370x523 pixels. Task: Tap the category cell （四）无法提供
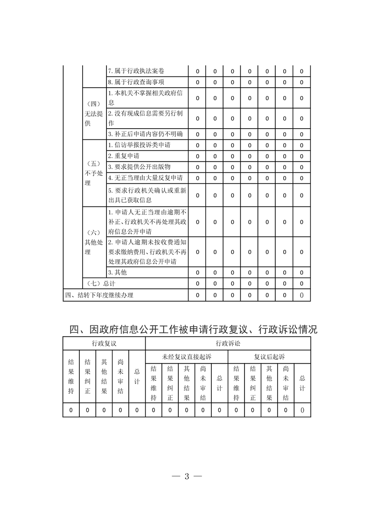pos(94,114)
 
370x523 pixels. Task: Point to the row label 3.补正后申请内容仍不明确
pos(145,134)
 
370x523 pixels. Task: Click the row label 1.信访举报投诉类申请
pos(139,145)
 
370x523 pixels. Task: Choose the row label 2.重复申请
pos(124,156)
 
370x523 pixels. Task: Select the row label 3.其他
pos(118,272)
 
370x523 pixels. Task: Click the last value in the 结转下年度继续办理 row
pos(302,295)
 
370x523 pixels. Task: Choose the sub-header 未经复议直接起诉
pos(187,357)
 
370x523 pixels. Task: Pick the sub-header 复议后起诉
pos(269,357)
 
